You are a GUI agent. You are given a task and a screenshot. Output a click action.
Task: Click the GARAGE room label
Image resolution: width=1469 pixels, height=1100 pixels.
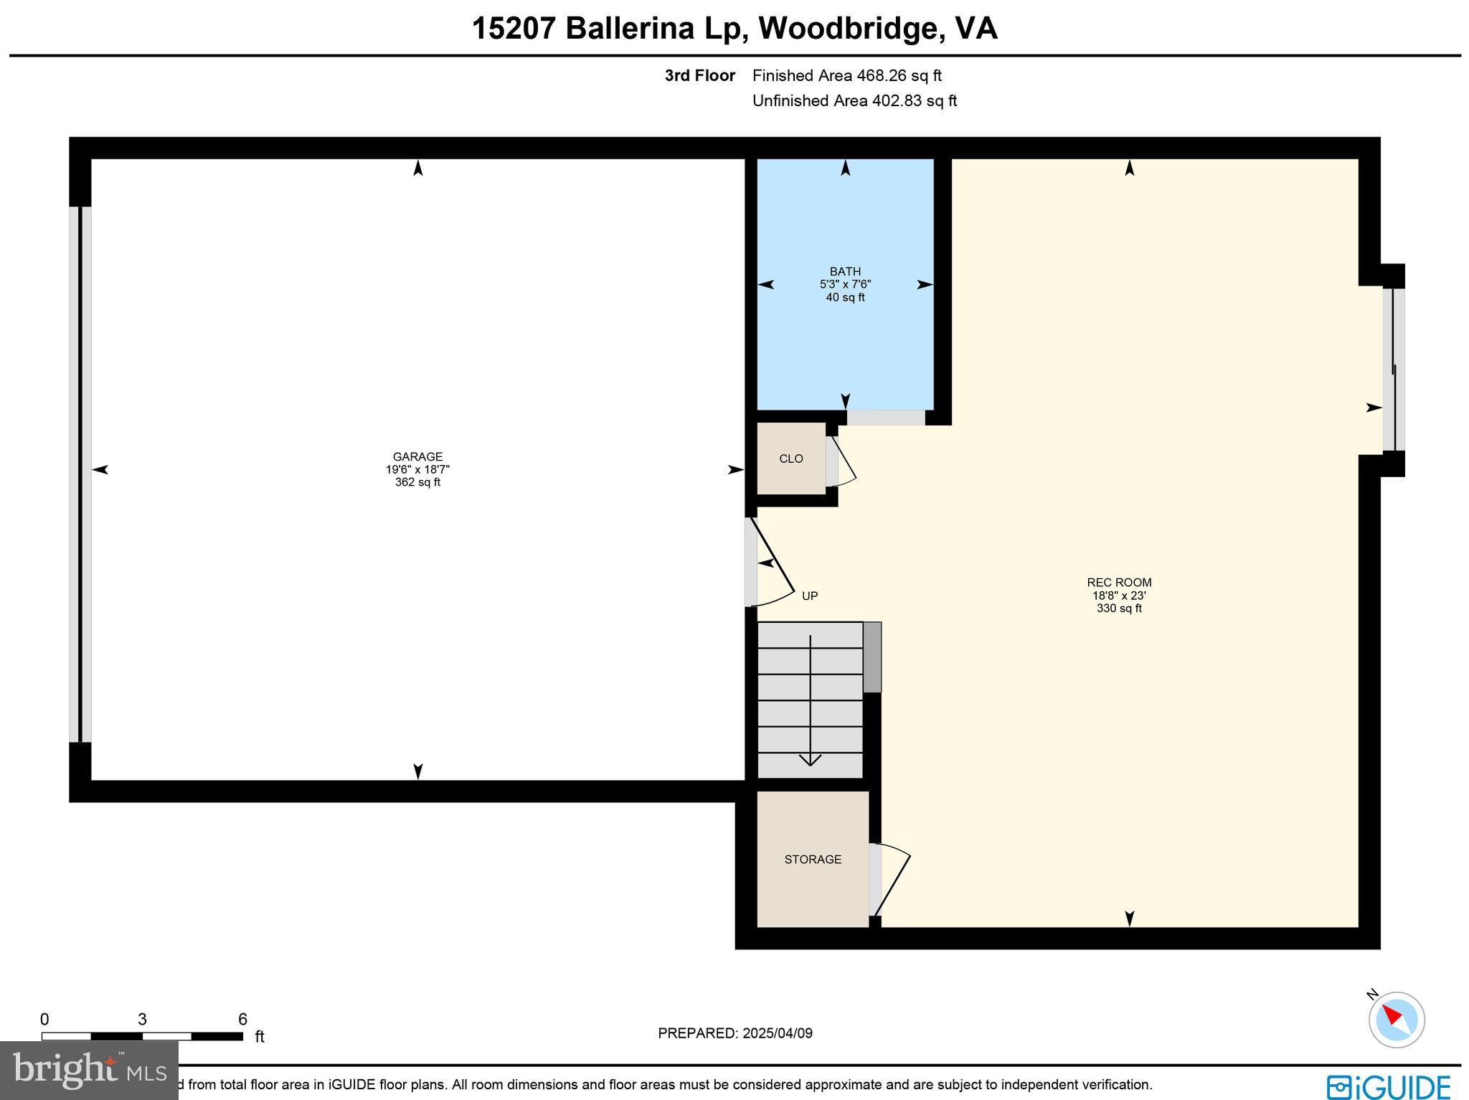417,456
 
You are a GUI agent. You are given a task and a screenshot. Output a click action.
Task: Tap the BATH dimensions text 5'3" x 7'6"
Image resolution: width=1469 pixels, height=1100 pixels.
845,284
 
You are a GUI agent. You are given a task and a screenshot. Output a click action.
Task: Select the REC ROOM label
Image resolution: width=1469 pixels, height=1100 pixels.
1119,583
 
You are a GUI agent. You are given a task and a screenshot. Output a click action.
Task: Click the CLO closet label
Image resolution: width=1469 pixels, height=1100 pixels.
791,459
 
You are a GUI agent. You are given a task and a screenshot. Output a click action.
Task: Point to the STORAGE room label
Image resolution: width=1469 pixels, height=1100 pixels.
813,859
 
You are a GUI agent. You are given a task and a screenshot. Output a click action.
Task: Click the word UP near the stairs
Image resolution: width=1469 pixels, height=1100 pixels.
810,596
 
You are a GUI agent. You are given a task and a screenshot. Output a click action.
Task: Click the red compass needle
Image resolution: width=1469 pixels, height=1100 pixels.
1392,1015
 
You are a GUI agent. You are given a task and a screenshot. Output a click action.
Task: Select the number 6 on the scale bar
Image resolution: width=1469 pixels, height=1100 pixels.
242,1019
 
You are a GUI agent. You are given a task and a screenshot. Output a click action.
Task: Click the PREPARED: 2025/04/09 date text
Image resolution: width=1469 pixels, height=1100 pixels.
735,1033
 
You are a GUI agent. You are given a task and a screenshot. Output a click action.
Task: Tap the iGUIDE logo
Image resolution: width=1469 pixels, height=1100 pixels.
1388,1086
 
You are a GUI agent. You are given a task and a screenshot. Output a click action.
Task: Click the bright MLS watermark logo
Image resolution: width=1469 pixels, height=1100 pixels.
89,1071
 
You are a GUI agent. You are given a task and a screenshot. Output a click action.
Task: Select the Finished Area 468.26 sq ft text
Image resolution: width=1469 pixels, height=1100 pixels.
846,75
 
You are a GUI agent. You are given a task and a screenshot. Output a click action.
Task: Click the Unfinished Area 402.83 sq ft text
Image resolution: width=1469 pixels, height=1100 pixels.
854,100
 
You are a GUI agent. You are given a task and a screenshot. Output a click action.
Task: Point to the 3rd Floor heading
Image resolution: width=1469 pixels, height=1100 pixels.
699,75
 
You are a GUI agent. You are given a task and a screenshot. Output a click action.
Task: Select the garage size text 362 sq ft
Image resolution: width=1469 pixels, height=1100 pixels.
417,482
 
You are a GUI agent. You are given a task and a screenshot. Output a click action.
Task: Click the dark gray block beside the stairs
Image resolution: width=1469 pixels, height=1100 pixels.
872,657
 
